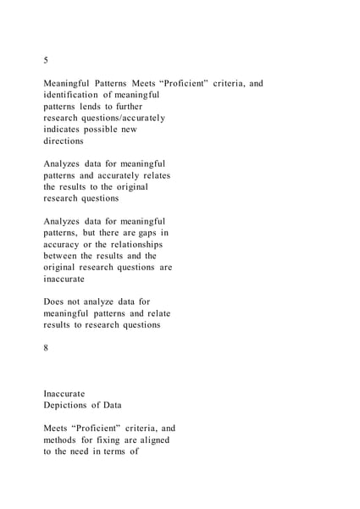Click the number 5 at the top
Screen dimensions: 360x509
pos(46,60)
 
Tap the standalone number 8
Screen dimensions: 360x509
pos(46,347)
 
